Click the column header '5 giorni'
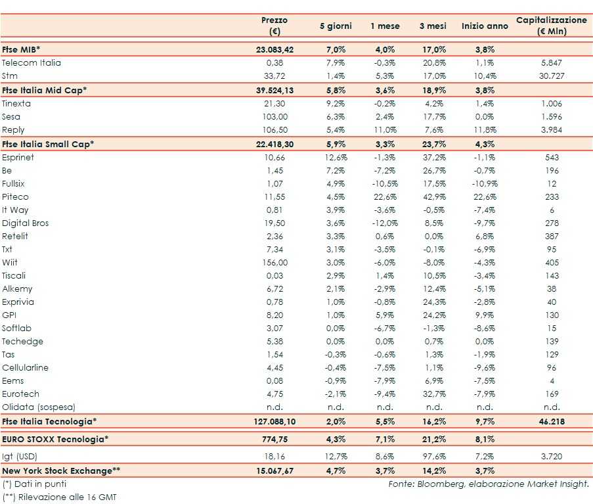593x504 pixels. click(x=336, y=26)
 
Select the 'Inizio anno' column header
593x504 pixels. click(x=485, y=26)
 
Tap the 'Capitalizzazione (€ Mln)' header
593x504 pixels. click(x=552, y=26)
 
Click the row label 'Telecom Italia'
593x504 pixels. click(x=32, y=63)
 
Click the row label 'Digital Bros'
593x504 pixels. click(x=26, y=223)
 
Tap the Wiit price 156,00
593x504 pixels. click(x=275, y=263)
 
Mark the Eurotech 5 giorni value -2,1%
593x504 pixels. click(x=336, y=394)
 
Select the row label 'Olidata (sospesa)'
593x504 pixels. click(x=39, y=407)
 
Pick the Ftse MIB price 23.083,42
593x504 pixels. click(x=275, y=49)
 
